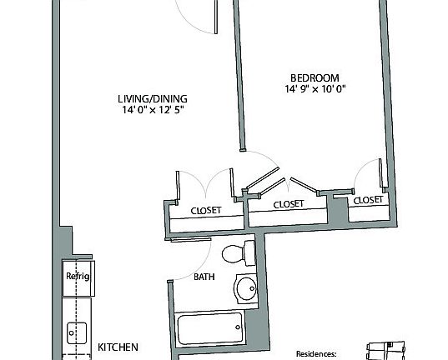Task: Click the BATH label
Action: coord(205,277)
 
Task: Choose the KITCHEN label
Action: coord(118,347)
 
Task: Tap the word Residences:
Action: coord(322,353)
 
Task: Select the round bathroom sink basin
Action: coord(246,289)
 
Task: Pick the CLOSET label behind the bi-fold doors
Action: coord(288,204)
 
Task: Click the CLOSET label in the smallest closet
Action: coord(368,201)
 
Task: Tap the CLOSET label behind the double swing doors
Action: coord(206,211)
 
